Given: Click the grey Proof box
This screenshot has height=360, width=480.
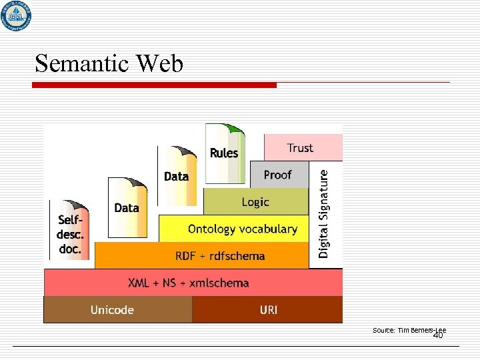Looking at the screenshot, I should coord(279,175).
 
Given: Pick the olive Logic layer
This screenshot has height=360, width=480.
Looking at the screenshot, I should coord(255,202).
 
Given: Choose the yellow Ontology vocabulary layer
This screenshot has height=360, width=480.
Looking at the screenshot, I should coord(233,229).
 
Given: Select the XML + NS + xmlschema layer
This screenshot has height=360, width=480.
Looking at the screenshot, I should coord(189,283).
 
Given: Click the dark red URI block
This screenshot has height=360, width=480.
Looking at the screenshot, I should coord(268,310).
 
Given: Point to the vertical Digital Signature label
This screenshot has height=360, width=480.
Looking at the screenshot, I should coord(325,213).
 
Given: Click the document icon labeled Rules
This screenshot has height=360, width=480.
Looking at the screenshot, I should coord(224,153).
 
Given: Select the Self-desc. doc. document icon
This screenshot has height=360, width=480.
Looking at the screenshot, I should coord(69,230).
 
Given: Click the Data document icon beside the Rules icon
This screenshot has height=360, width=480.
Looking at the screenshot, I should coord(177,176).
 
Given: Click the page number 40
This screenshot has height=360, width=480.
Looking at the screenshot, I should coord(438,336).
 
